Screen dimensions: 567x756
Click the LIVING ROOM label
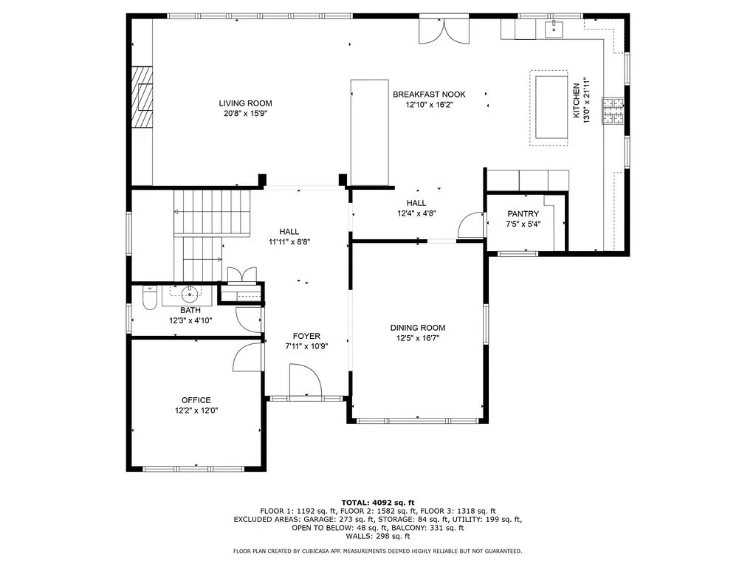(x=245, y=103)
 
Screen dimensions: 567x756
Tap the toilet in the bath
(x=148, y=298)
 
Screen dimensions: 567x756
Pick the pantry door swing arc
(x=468, y=224)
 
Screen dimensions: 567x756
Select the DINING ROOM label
(x=418, y=328)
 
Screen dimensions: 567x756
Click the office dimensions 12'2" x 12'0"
(x=196, y=410)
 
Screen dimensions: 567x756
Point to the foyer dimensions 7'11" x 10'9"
(x=306, y=346)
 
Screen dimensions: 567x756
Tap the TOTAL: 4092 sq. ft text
(x=377, y=501)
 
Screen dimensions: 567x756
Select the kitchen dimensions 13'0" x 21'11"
(x=586, y=100)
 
